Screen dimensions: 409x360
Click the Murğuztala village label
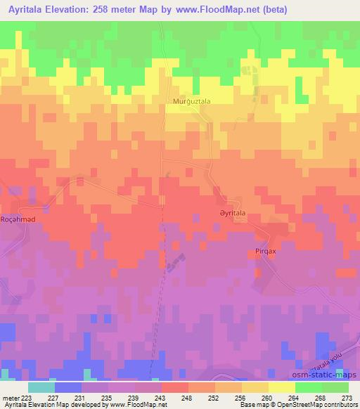pos(192,101)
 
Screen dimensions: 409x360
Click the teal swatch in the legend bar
pos(41,387)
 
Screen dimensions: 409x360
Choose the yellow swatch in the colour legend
pos(282,387)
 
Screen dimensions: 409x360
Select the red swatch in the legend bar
pos(175,387)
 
